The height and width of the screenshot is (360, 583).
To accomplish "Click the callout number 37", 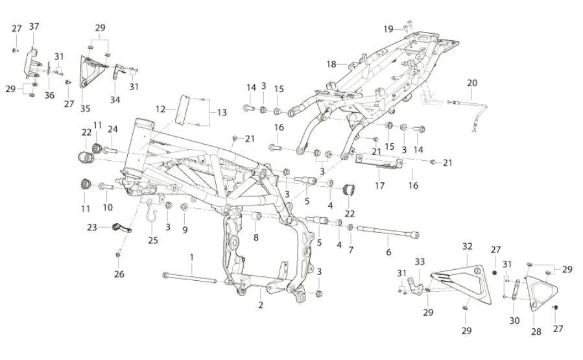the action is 34,27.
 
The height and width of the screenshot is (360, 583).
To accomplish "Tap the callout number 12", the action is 160,109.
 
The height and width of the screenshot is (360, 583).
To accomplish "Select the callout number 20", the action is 472,83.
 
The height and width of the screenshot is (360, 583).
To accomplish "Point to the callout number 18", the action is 331,64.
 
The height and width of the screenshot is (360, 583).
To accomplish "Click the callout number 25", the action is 153,240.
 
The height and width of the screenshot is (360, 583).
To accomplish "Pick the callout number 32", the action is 468,246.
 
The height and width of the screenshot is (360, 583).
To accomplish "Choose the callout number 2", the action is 261,305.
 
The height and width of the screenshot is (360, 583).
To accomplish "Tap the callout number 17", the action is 379,186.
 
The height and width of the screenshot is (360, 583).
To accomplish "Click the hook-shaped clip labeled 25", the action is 151,211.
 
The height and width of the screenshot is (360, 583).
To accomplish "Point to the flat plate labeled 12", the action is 183,110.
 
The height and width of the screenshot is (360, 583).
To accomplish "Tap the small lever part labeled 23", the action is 121,228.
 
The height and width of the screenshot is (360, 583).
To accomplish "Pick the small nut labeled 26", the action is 118,255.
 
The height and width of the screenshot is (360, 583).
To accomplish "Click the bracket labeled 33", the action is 416,285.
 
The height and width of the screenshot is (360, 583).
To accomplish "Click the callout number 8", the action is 256,237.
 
